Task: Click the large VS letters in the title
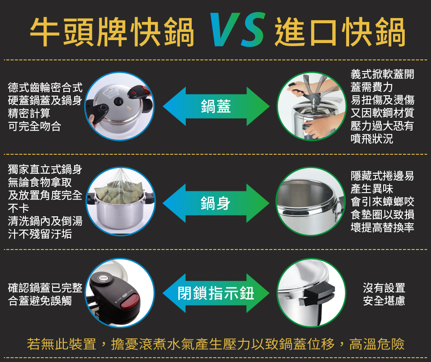[237, 29]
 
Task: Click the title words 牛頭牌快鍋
[112, 31]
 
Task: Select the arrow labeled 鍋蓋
[216, 106]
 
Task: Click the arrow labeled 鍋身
[216, 203]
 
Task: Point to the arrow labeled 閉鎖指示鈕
[216, 293]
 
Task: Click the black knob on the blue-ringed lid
[119, 101]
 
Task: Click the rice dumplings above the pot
[119, 190]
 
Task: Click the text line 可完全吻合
[34, 126]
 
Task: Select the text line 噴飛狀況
[372, 139]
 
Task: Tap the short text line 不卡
[19, 208]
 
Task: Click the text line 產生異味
[372, 189]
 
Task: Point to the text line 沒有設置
[384, 288]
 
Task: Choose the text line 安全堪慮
[384, 301]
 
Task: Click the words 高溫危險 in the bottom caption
[377, 344]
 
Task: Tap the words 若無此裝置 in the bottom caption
[62, 344]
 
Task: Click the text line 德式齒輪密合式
[45, 87]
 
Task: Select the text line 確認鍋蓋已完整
[45, 288]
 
